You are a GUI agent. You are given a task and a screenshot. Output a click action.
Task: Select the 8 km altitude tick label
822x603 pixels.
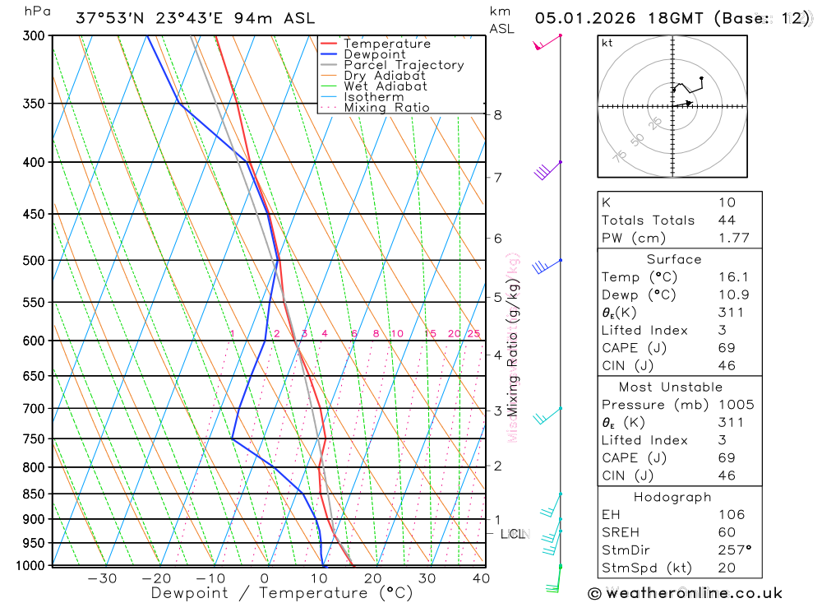(x=497, y=115)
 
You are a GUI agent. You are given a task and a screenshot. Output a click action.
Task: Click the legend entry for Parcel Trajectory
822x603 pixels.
(x=403, y=65)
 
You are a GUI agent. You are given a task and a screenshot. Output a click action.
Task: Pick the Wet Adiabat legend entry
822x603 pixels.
(x=385, y=86)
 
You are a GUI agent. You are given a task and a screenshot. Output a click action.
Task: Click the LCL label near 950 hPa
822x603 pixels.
(x=513, y=535)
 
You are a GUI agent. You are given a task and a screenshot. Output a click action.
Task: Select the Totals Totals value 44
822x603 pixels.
(x=727, y=220)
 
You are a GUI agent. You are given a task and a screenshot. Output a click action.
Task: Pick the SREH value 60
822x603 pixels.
(x=727, y=532)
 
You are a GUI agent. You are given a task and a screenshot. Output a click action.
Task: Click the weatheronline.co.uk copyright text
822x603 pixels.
(x=686, y=593)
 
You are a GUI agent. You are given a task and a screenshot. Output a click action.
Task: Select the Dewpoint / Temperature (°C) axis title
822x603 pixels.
(x=281, y=592)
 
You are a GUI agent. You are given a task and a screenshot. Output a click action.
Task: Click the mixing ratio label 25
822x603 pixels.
(x=473, y=333)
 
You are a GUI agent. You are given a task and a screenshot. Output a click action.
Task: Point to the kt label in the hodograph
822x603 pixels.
(x=607, y=43)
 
